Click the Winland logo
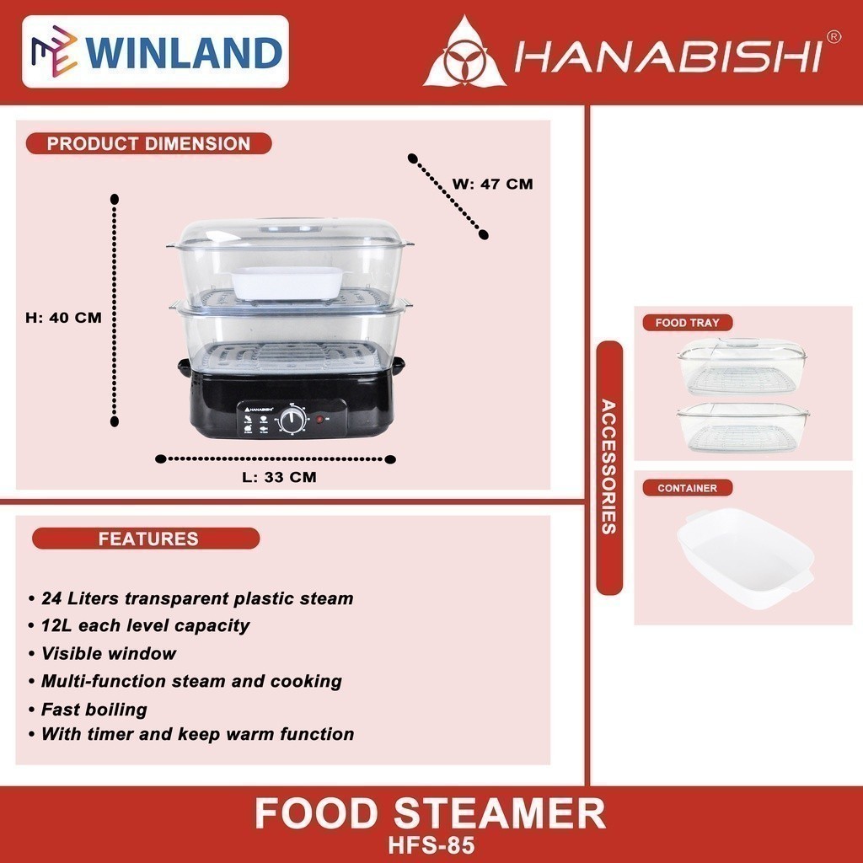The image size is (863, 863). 155,51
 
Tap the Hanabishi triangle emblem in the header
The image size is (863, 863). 464,56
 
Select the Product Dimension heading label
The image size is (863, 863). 148,143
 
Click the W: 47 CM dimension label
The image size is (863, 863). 493,184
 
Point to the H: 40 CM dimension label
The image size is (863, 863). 63,318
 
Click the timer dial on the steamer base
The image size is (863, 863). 294,420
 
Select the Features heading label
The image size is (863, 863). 147,539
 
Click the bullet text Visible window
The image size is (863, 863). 109,653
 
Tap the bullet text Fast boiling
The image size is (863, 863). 94,709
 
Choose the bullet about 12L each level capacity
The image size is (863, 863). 145,625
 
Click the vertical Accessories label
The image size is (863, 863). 609,468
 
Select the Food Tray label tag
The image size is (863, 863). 682,323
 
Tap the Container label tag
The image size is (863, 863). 687,488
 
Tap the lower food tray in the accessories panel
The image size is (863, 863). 741,428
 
